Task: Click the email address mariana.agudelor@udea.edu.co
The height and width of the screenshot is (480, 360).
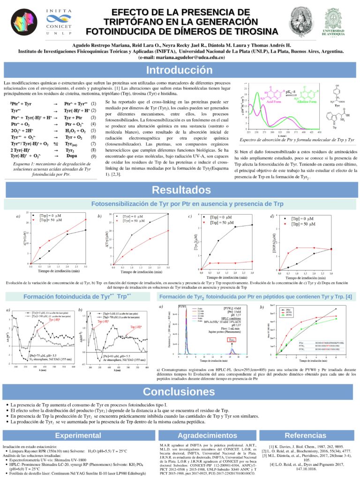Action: click(181, 57)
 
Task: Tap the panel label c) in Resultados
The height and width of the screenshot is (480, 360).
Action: click(189, 216)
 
